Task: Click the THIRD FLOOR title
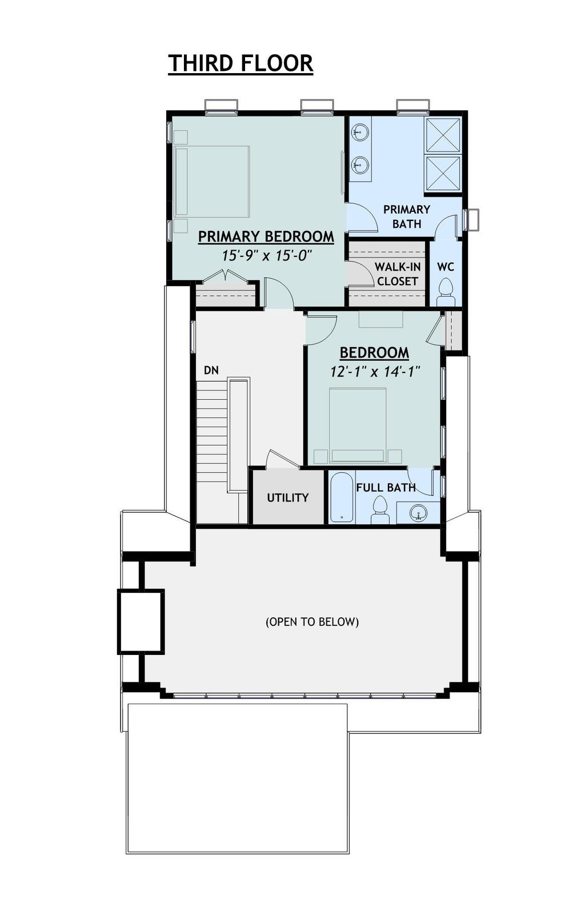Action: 241,63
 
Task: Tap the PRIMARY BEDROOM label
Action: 266,237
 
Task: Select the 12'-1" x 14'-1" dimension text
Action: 375,371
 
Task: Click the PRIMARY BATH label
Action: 407,216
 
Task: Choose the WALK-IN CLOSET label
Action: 398,274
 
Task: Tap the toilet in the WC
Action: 446,292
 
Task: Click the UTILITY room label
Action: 287,497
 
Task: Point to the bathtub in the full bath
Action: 342,497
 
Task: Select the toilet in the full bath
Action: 380,510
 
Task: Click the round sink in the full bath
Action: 418,513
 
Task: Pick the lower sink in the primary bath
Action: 359,164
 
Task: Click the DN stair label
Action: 211,370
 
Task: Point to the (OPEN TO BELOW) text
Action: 312,621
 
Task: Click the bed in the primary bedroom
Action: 213,182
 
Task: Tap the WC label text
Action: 446,267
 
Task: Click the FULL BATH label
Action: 386,488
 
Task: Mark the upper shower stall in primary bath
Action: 444,135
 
